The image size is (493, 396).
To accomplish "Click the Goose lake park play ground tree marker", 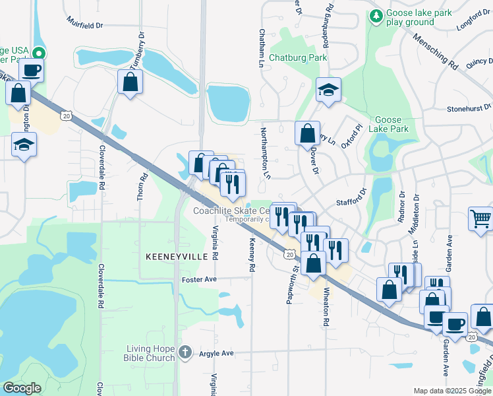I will (x=376, y=15).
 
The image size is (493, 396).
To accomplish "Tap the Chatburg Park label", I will (x=298, y=57).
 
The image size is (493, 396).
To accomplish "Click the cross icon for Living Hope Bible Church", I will (x=186, y=352).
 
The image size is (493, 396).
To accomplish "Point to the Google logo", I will (x=22, y=388).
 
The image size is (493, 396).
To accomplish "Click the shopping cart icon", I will (x=480, y=218).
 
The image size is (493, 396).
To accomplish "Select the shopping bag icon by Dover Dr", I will (x=307, y=133).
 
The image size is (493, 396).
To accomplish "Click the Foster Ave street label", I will (x=199, y=280).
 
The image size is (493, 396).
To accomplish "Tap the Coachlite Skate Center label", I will (x=230, y=211).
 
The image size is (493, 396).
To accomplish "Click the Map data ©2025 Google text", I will (x=452, y=391).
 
